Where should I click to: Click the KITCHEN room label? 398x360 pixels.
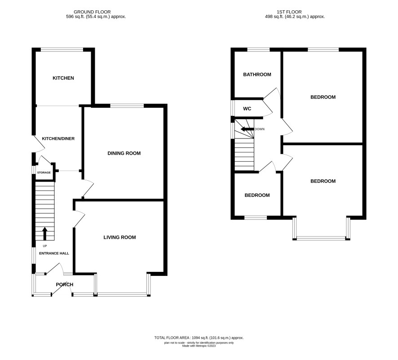[63, 78]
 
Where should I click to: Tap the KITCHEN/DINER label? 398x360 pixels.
[58, 138]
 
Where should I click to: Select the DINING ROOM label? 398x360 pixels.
[124, 153]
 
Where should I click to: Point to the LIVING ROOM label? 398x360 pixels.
[119, 237]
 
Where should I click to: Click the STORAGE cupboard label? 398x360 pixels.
[44, 173]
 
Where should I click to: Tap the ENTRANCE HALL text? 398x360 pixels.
[54, 253]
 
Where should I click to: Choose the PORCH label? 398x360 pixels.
[65, 284]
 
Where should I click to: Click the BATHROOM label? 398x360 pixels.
[257, 75]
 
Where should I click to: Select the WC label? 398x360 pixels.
[247, 109]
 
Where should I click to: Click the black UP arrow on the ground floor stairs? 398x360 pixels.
[45, 234]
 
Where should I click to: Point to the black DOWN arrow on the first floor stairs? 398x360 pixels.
[247, 129]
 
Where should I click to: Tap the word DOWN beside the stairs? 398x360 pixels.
[259, 129]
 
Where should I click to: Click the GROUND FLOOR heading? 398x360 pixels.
[92, 12]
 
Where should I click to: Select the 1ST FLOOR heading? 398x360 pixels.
[289, 12]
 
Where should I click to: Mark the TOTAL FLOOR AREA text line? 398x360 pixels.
[199, 338]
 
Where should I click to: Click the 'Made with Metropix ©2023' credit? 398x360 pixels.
[199, 346]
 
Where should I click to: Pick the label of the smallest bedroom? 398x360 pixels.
[257, 195]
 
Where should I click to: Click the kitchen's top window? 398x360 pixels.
[62, 49]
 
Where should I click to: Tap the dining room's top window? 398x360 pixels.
[127, 106]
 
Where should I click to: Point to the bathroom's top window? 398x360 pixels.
[259, 49]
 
